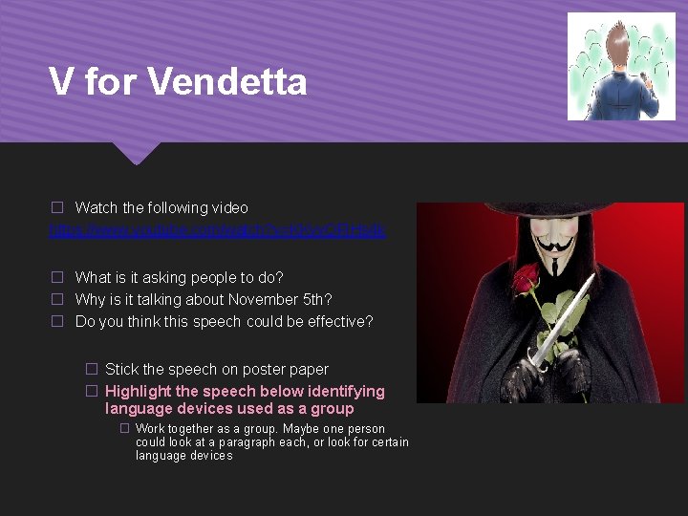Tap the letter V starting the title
[60, 82]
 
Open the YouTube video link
[217, 230]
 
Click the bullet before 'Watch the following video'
[56, 207]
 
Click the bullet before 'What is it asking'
[56, 277]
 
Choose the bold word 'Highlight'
[139, 391]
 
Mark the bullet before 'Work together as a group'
[124, 429]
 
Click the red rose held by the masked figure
[525, 278]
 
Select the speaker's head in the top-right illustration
[619, 48]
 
